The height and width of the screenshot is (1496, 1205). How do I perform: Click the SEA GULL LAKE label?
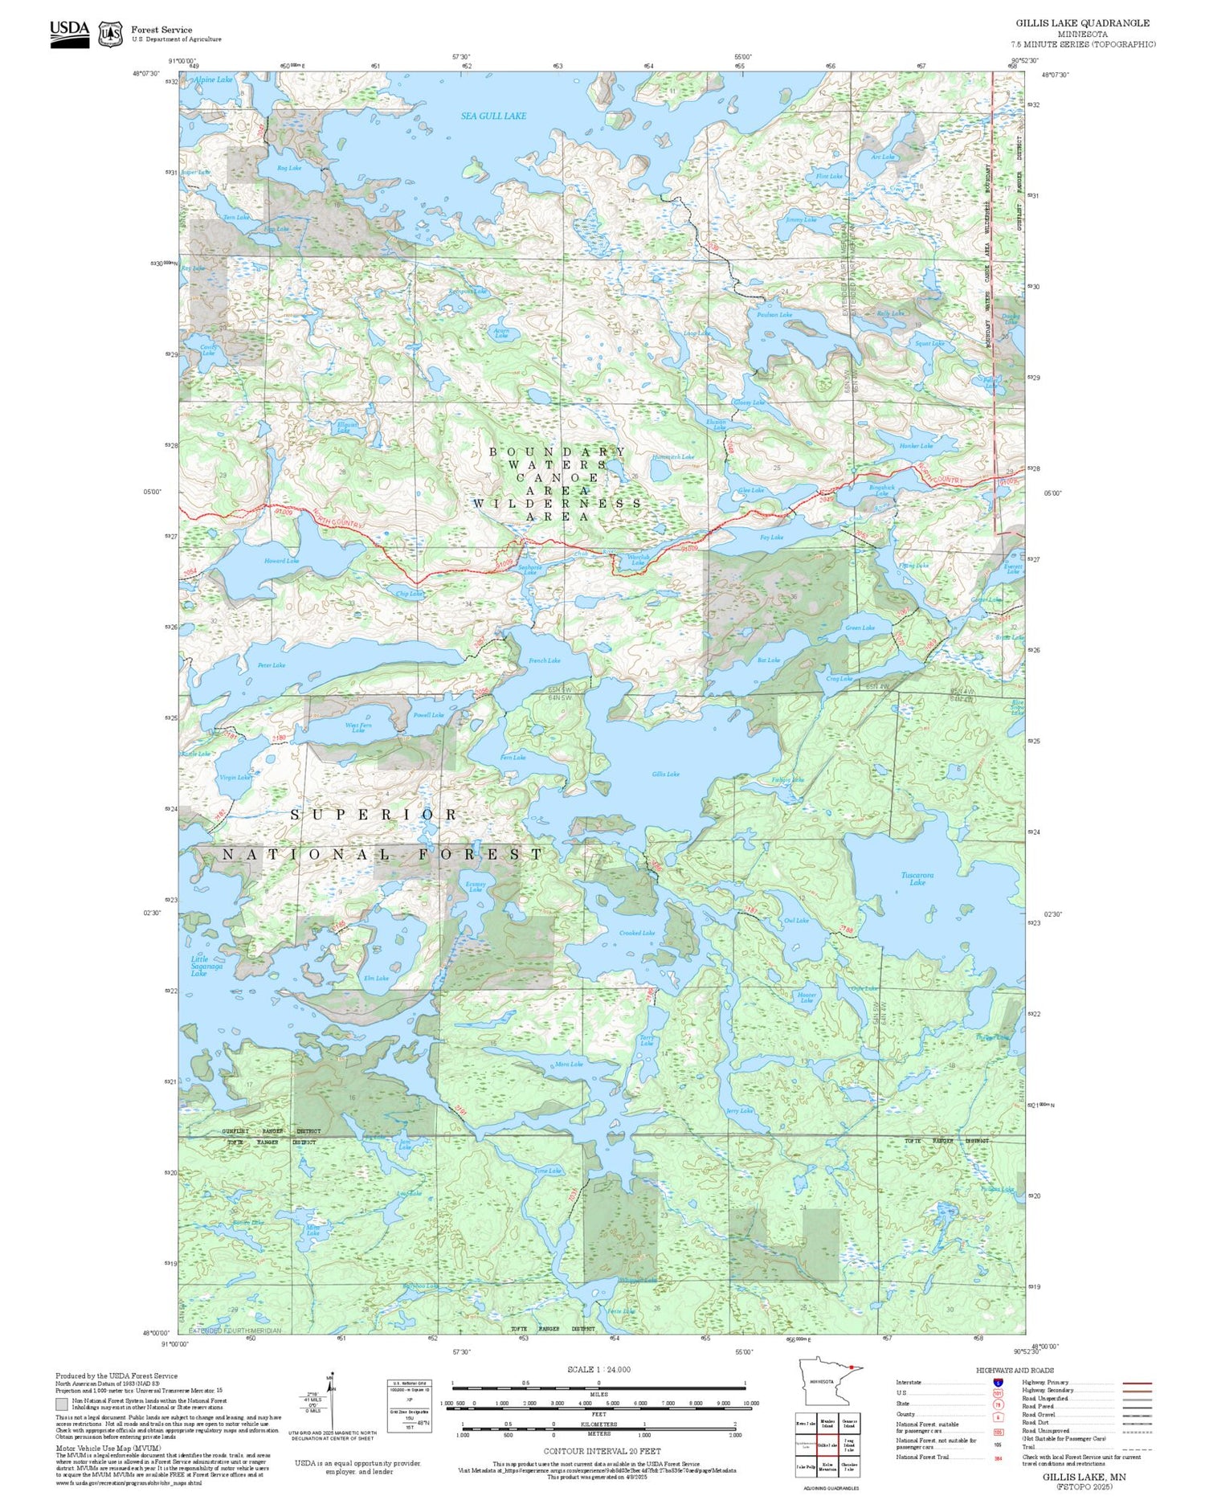(x=493, y=116)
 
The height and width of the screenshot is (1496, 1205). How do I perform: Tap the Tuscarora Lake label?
(x=917, y=878)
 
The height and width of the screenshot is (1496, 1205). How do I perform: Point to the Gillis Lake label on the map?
(x=665, y=774)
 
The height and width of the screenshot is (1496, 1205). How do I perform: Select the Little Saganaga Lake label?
(x=199, y=966)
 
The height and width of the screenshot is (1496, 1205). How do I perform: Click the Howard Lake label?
(x=281, y=561)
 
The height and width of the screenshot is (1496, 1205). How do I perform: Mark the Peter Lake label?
(x=272, y=665)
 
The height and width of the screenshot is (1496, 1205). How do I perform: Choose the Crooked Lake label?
(x=637, y=933)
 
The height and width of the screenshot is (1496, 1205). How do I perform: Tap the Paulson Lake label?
(x=774, y=315)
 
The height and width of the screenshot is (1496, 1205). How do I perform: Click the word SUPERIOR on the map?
(x=374, y=815)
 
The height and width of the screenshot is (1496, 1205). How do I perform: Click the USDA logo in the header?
(x=70, y=33)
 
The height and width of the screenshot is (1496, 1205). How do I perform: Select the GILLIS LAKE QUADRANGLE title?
(x=1082, y=22)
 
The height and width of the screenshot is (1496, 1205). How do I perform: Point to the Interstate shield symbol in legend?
(x=997, y=1383)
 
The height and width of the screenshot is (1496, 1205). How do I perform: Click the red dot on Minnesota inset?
(x=850, y=1368)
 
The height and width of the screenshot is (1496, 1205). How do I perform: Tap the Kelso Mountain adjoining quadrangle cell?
(x=827, y=1465)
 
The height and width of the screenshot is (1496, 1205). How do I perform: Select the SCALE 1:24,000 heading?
(x=598, y=1370)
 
